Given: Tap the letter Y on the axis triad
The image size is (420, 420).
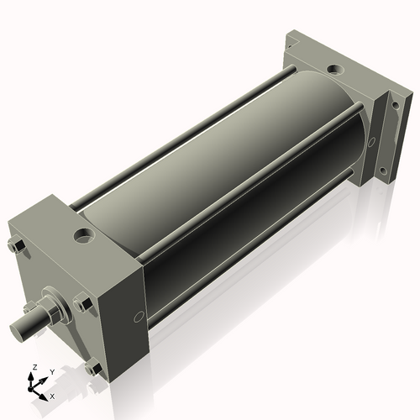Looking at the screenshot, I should coord(51,371).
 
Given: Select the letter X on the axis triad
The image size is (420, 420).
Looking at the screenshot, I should coord(53,394).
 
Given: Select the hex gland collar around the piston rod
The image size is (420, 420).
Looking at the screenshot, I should coord(52,308).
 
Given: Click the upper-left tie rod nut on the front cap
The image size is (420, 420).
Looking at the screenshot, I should coord(14,245).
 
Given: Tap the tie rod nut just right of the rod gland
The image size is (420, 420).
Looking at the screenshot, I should coord(81,304).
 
